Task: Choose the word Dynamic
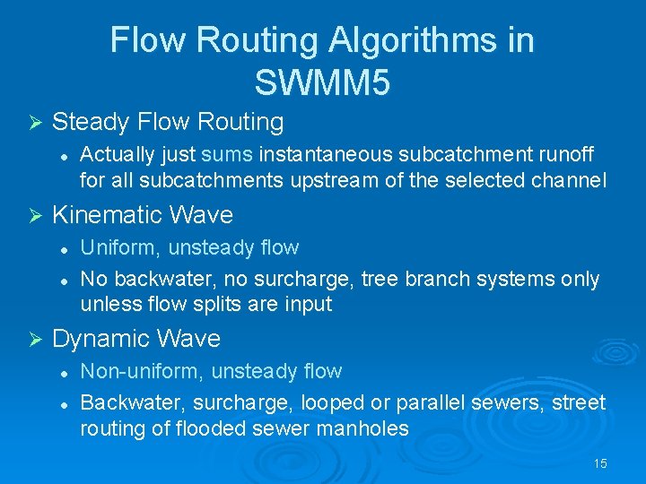98,339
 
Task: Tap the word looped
331,403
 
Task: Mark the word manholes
363,428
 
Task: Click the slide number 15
600,463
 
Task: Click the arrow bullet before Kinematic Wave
35,215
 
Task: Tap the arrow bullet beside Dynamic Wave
35,339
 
